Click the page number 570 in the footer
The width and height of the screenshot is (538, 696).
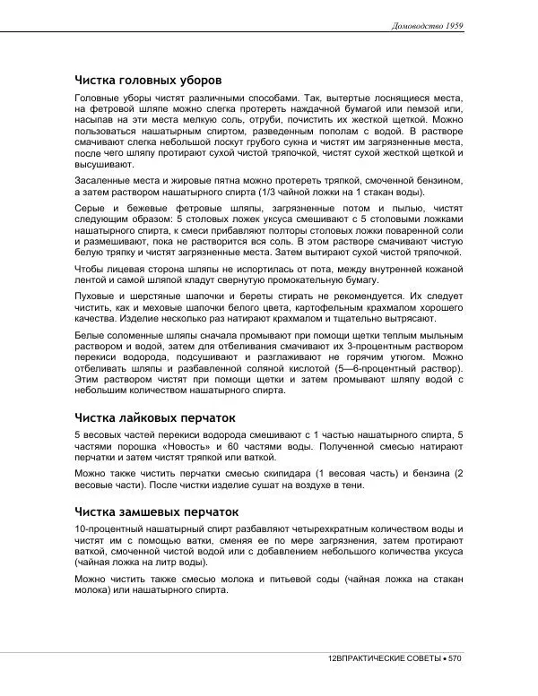point(455,658)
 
